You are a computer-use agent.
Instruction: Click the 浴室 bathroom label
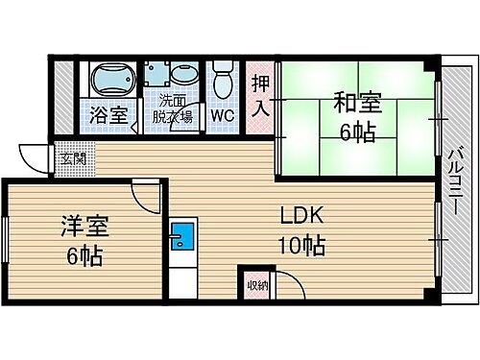pos(108,115)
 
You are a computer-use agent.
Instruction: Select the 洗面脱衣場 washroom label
pos(174,107)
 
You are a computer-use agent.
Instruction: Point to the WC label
pos(223,116)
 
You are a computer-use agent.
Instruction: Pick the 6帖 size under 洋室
pos(83,256)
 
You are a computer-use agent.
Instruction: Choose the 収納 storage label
pos(255,284)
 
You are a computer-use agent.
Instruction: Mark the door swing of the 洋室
pos(144,197)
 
